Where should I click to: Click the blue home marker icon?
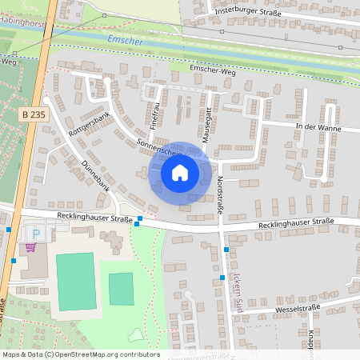tap(179, 172)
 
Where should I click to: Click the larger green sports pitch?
tap(75, 281)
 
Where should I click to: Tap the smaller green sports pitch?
tap(121, 288)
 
